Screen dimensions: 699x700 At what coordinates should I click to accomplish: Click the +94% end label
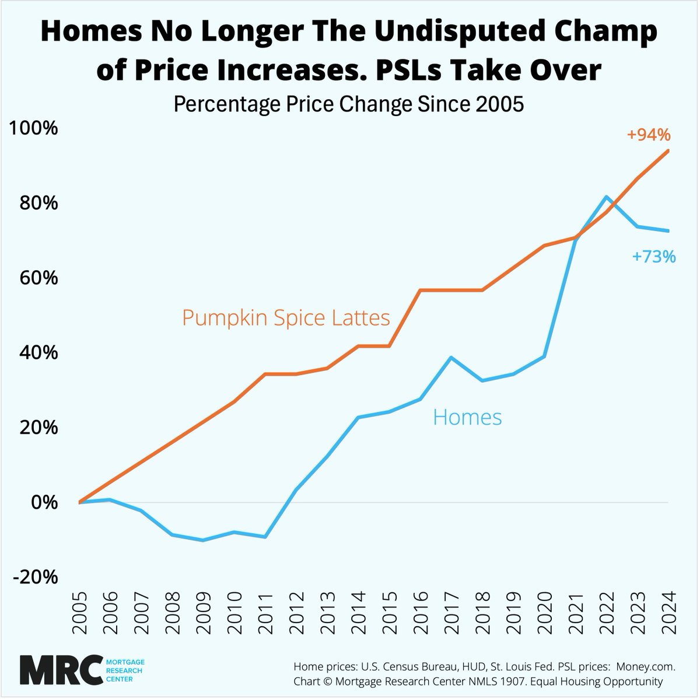[x=649, y=135]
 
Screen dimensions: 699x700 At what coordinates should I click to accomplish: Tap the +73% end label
[x=654, y=256]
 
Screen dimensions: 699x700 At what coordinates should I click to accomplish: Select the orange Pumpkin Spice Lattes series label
[x=286, y=318]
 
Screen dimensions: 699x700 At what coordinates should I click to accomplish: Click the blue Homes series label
[x=467, y=418]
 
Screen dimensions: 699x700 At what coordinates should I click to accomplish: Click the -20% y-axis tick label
[x=36, y=577]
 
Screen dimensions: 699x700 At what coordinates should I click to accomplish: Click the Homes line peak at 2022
[x=607, y=197]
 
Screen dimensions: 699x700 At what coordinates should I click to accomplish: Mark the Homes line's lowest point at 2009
[x=203, y=540]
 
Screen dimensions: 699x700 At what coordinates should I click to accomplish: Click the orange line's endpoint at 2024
[x=668, y=151]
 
